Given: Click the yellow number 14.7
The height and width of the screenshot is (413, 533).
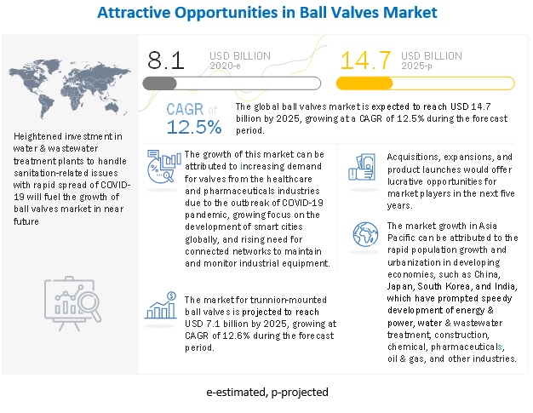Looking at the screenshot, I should click(360, 60).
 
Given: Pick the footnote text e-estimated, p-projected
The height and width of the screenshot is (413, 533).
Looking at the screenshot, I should click(266, 393).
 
